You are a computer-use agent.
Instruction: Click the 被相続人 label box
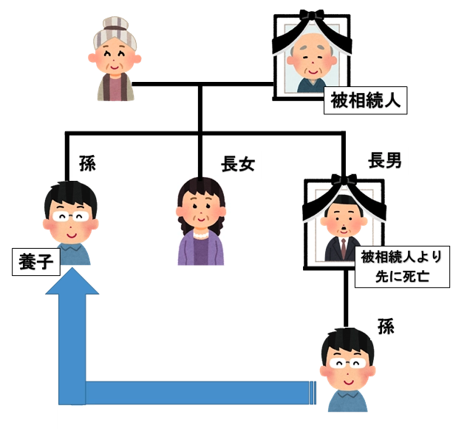point(366,100)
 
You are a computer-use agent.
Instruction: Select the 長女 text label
point(238,164)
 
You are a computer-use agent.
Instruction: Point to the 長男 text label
point(384,159)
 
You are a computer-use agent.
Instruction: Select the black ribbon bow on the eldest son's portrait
point(344,179)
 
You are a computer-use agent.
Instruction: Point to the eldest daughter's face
point(200,209)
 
